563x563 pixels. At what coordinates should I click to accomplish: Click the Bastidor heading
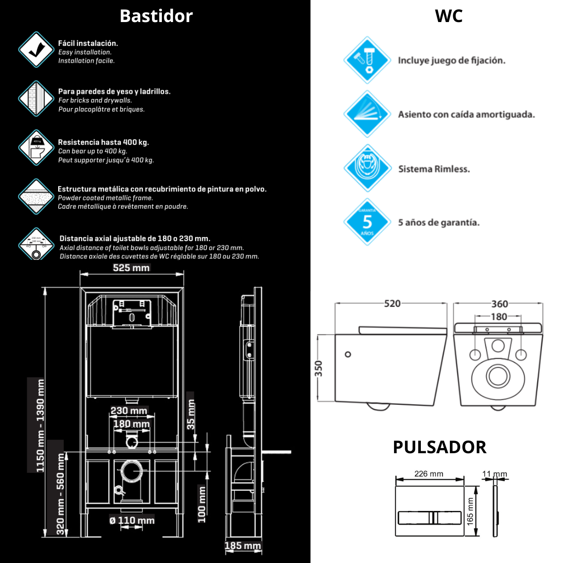(x=156, y=16)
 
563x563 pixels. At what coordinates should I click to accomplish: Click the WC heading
(x=449, y=16)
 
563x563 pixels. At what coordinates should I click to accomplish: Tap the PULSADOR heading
(x=440, y=447)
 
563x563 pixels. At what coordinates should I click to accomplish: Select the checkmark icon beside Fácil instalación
(x=36, y=50)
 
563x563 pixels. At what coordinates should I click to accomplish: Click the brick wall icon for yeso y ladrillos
(x=36, y=99)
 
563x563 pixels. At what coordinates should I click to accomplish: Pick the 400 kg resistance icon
(x=36, y=148)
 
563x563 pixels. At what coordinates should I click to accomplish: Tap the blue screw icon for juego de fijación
(x=367, y=60)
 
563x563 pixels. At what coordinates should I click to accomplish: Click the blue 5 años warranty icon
(x=367, y=222)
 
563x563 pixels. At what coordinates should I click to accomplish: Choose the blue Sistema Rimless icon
(x=367, y=168)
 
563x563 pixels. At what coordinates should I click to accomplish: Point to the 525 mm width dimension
(x=131, y=268)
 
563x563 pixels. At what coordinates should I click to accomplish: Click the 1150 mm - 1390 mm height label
(x=40, y=425)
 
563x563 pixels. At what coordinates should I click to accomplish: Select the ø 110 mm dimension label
(x=132, y=520)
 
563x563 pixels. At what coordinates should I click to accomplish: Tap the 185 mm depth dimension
(x=243, y=546)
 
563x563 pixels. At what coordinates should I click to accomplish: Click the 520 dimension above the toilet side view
(x=392, y=304)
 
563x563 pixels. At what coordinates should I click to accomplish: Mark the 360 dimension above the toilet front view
(x=499, y=304)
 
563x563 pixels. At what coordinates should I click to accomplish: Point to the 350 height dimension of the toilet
(x=319, y=368)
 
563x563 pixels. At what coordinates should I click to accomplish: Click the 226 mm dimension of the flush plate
(x=428, y=474)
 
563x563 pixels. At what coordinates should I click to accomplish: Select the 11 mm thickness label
(x=495, y=474)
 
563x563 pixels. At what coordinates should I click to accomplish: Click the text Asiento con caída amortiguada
(x=466, y=114)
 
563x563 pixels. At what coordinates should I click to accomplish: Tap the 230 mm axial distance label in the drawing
(x=129, y=411)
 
